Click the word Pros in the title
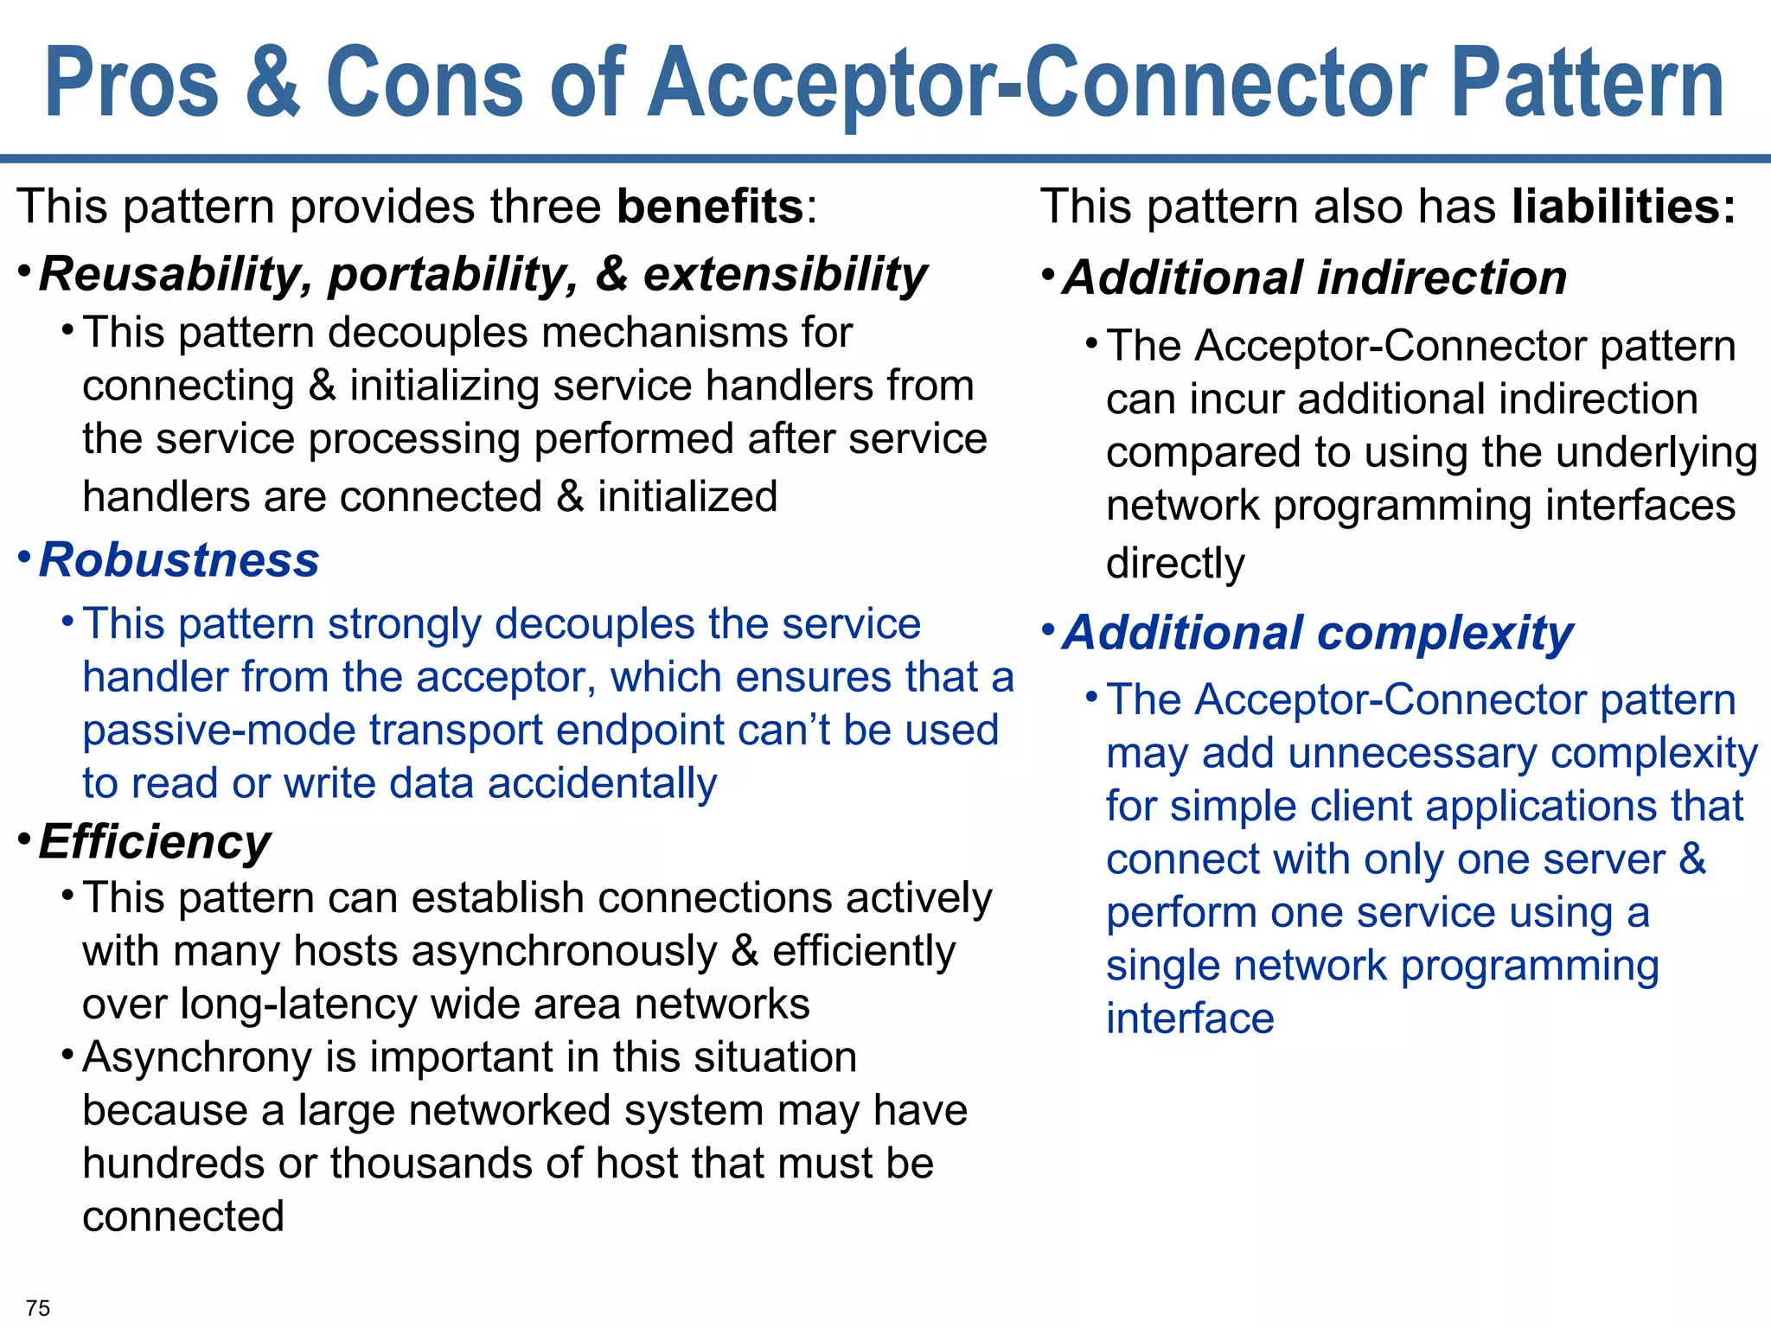pos(131,84)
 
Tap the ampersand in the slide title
pos(272,82)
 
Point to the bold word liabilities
pos(1623,207)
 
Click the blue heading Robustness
pos(179,560)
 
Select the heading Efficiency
pos(155,841)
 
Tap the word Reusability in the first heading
pos(169,275)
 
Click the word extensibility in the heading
pos(784,275)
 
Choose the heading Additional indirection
pos(1314,278)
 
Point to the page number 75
pos(38,1307)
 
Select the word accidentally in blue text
pos(602,783)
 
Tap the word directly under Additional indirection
pos(1175,564)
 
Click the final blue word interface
pos(1190,1018)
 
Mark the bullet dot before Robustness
pos(25,555)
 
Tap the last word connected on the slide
pos(183,1216)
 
